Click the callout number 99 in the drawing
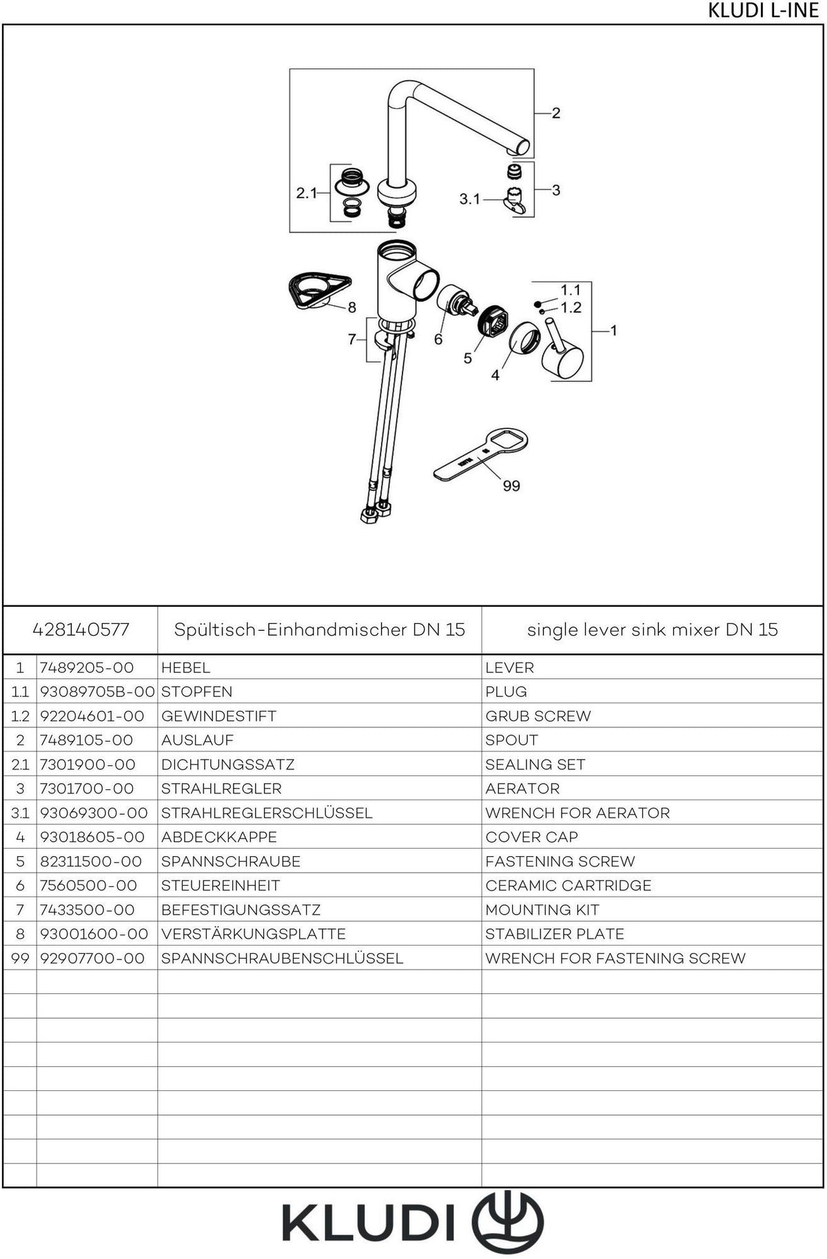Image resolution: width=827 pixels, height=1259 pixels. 511,486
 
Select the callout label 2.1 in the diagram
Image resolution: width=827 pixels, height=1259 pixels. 307,194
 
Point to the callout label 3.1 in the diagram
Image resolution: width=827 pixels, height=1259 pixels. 470,199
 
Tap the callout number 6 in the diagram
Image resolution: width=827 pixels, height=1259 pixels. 438,340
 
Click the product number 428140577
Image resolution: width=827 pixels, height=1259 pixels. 81,629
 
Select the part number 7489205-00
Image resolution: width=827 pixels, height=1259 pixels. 87,668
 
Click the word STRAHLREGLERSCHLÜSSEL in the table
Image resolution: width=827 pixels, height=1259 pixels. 267,813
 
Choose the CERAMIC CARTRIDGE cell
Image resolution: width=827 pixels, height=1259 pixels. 569,886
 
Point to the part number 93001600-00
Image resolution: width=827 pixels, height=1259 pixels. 94,934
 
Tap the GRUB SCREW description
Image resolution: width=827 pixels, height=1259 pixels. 538,716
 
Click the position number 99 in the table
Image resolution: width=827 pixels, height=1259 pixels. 20,959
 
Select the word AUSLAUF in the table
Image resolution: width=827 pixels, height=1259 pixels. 197,740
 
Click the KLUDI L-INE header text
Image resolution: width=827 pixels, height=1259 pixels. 763,12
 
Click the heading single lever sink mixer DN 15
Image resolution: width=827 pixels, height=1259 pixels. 653,629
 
